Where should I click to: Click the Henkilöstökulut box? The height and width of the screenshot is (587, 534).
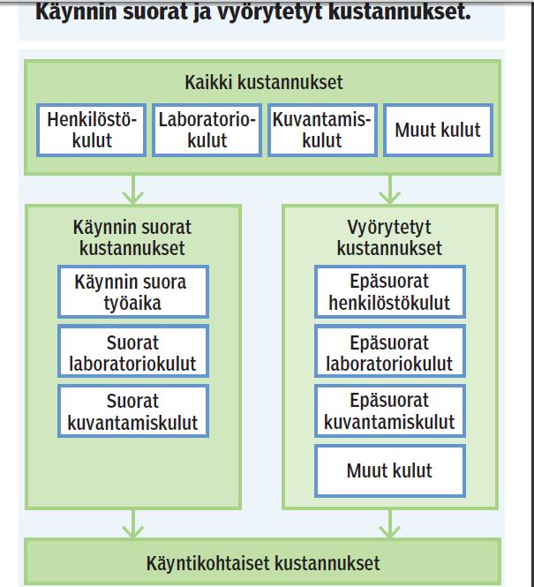[x=91, y=130]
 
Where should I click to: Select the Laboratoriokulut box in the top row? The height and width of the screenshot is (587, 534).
[x=207, y=130]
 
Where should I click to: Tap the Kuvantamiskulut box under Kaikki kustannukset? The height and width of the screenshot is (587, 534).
[x=322, y=130]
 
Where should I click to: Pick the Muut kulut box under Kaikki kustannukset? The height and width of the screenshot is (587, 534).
[x=438, y=130]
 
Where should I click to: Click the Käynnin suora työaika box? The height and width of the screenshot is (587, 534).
[x=133, y=292]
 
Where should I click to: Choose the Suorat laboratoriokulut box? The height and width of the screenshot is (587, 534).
[x=133, y=351]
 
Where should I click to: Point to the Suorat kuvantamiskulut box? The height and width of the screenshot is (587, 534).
[x=133, y=410]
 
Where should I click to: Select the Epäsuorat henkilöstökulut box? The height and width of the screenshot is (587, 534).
[x=390, y=292]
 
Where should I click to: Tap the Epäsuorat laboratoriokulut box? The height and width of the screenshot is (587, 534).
[x=390, y=351]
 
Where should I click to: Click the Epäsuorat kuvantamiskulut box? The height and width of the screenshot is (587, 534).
[x=390, y=410]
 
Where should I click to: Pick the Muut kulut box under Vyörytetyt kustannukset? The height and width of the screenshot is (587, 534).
[x=390, y=471]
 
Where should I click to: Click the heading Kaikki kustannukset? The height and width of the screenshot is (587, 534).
[x=264, y=82]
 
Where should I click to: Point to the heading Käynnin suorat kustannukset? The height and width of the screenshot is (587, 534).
[x=132, y=237]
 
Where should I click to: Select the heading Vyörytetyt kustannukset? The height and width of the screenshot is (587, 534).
[x=389, y=237]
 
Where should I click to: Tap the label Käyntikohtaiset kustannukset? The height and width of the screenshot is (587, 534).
[x=263, y=563]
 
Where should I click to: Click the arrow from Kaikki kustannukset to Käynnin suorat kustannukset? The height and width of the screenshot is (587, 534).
[x=133, y=190]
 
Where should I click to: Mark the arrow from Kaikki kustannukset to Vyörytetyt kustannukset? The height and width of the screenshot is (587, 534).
[x=390, y=190]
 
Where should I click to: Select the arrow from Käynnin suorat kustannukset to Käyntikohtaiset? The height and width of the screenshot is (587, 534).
[x=133, y=523]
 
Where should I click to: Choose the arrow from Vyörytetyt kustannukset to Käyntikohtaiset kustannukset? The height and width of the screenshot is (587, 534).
[x=390, y=523]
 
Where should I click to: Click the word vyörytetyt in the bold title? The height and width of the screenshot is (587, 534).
[x=269, y=12]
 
